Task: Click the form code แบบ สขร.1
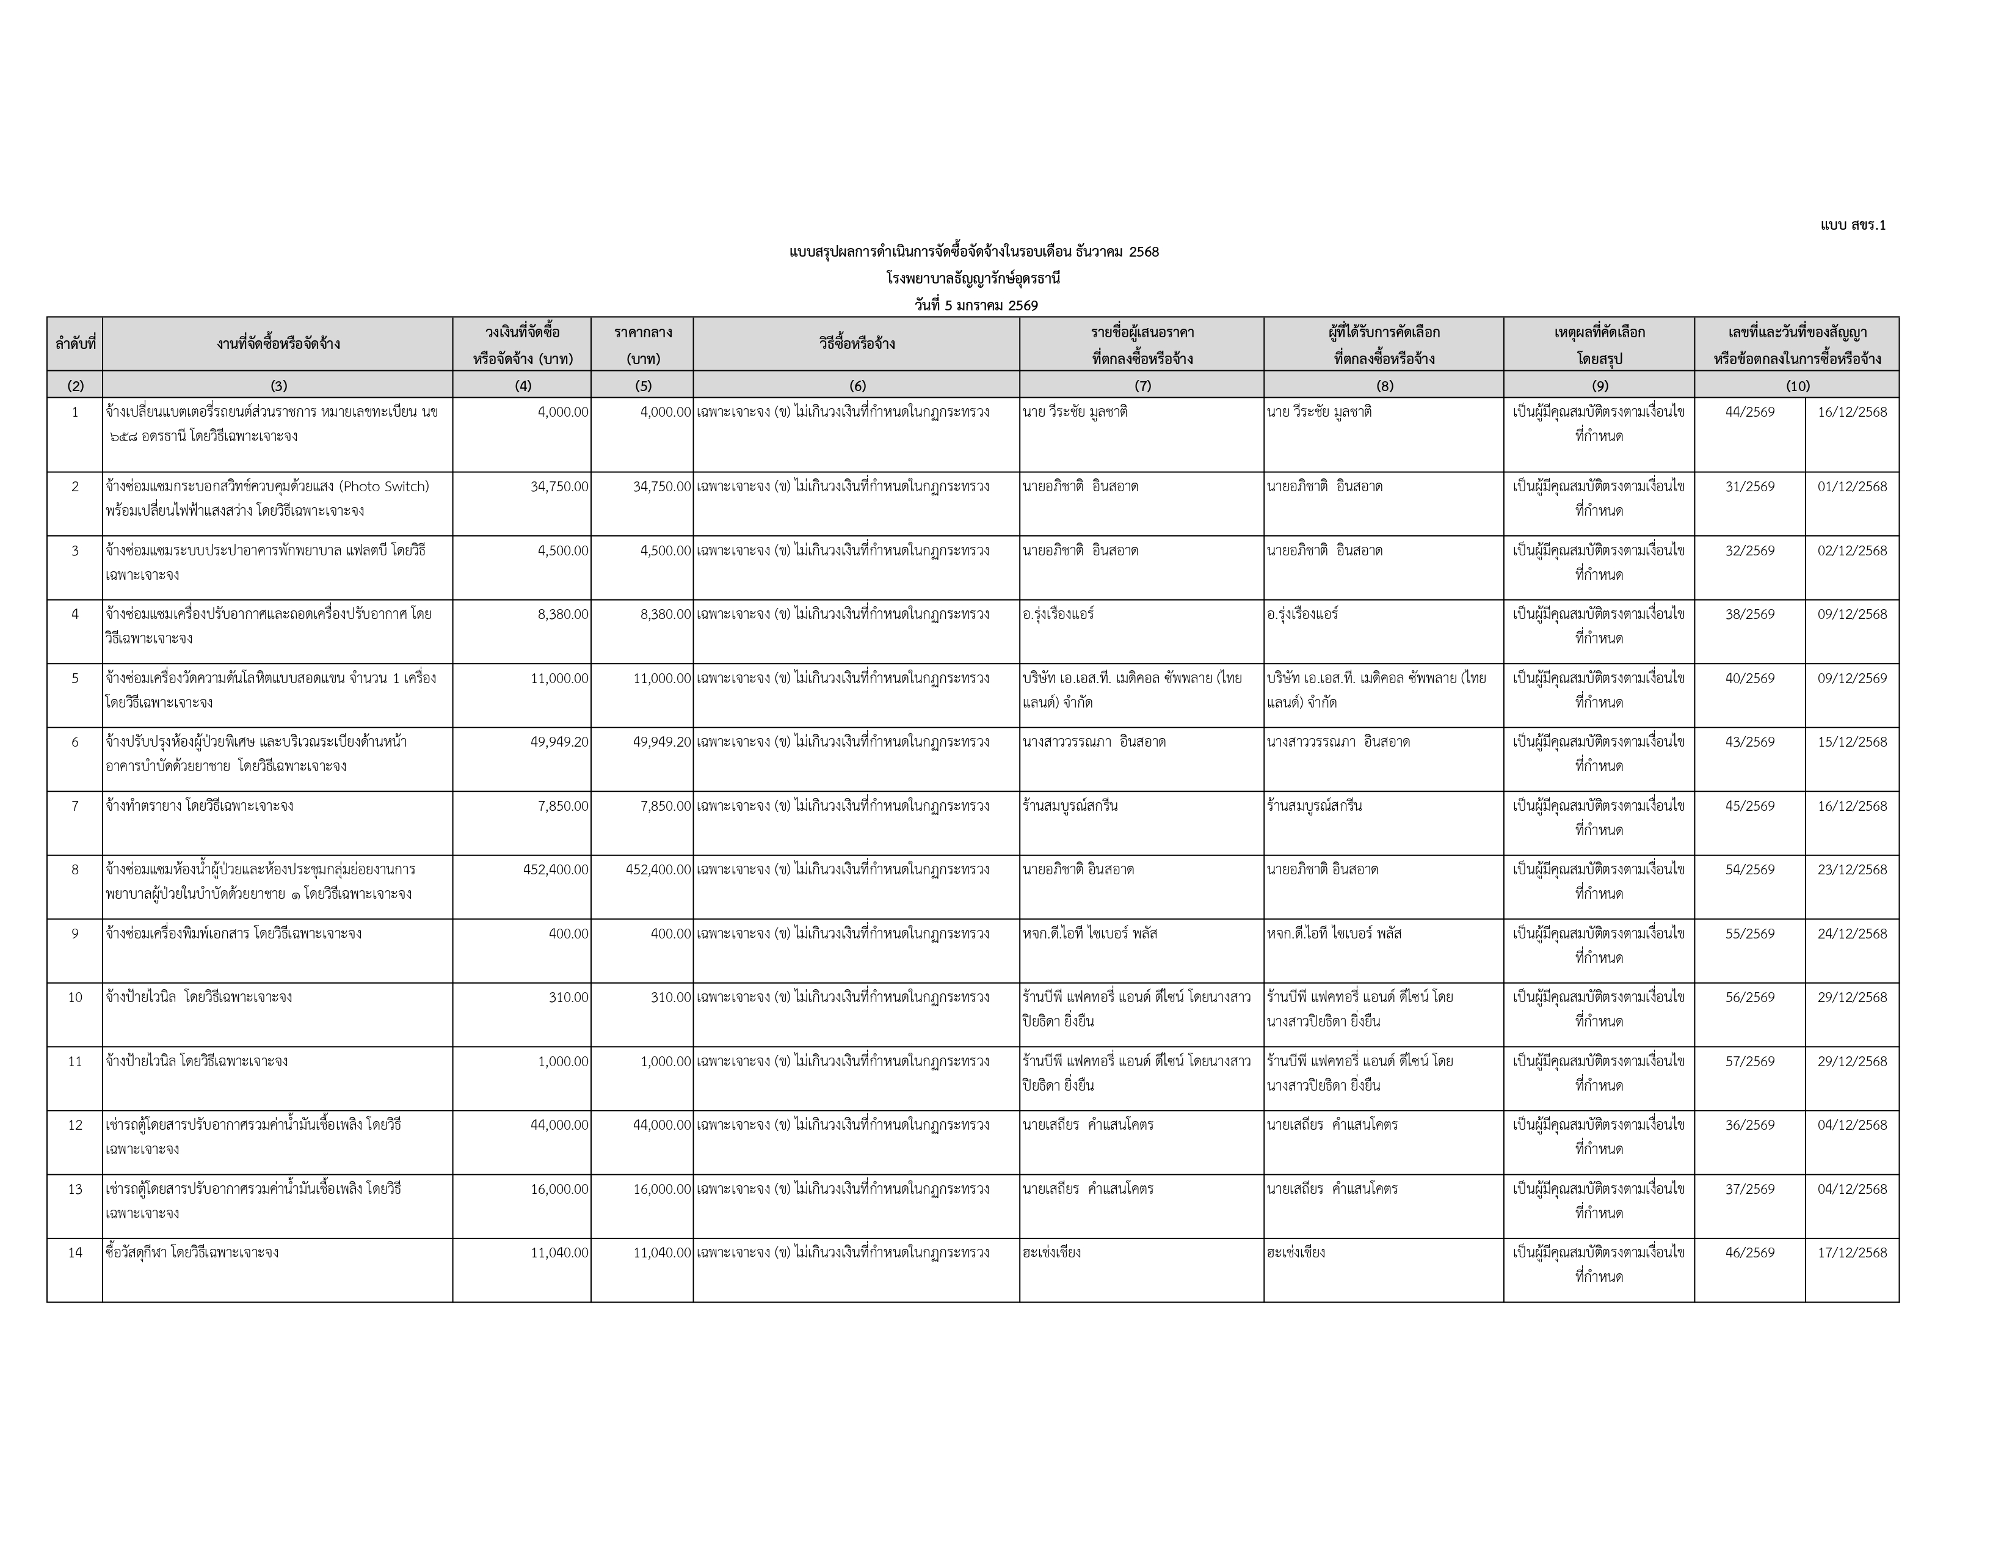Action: coord(1853,225)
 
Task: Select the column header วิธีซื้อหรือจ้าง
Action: coord(856,344)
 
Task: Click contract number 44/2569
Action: coord(1749,412)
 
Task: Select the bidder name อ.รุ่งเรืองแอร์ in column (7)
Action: coord(1058,615)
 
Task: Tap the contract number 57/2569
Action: coord(1749,1061)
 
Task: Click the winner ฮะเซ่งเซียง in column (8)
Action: coord(1296,1253)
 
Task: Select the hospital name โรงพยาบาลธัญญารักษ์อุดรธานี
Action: coord(973,279)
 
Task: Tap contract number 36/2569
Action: coord(1749,1125)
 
